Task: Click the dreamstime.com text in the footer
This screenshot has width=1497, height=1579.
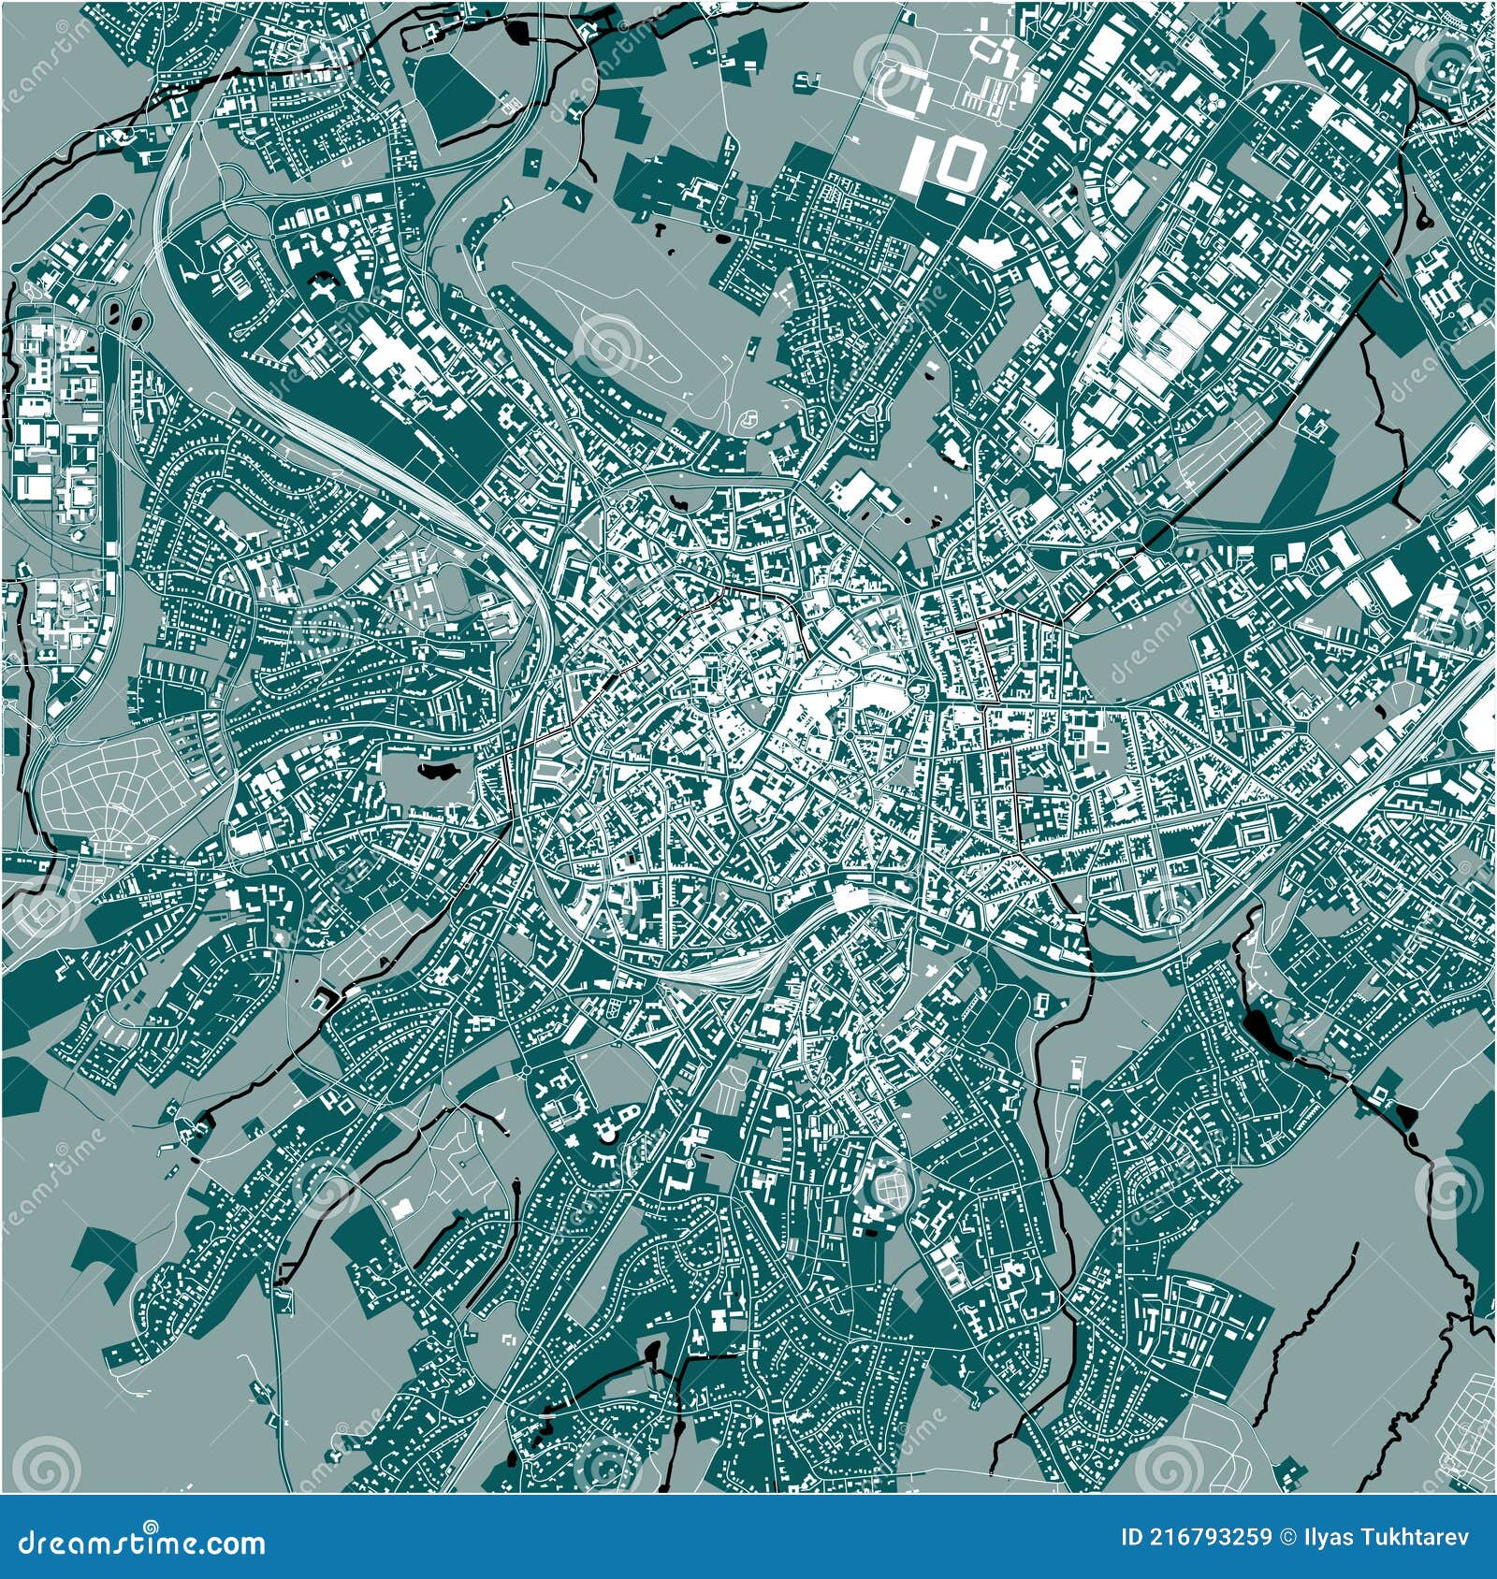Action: point(140,1543)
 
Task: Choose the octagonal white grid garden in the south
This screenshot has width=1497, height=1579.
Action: point(891,1187)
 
